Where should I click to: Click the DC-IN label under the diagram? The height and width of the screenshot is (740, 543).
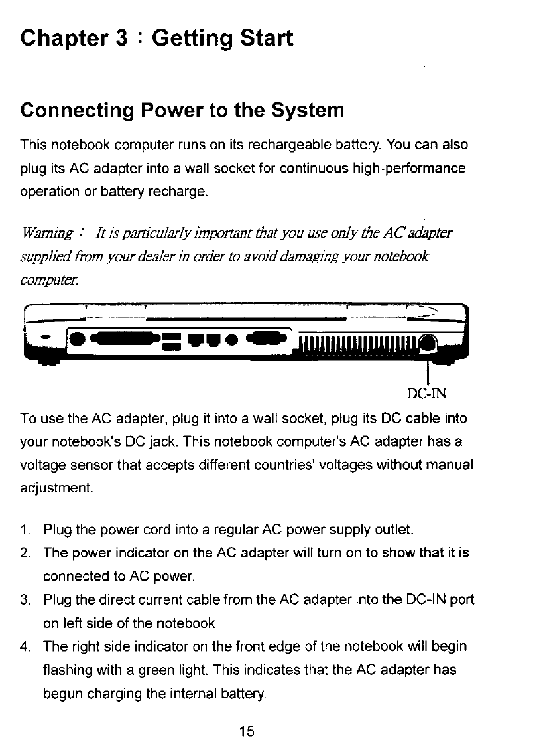tap(427, 393)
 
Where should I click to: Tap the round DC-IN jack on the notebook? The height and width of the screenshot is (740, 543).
tap(428, 344)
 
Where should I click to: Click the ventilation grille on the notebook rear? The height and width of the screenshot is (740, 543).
tap(358, 345)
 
